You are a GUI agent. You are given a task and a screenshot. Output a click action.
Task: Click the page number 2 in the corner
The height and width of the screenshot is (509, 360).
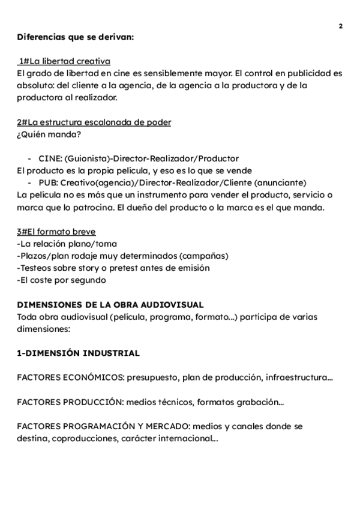point(340,26)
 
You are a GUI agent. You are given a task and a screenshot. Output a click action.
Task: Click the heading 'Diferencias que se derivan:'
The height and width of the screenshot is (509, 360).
point(75,37)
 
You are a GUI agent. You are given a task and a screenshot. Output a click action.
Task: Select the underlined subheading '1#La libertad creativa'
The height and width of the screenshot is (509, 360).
point(64,62)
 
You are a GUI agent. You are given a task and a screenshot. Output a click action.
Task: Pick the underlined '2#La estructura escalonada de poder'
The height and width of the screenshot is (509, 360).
point(94,122)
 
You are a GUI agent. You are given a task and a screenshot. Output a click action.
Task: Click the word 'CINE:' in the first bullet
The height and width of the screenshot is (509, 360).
point(49,158)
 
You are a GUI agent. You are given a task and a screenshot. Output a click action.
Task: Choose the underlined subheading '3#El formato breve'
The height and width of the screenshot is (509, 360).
point(56,232)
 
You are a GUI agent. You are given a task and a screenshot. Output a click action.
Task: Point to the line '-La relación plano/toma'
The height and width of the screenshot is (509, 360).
point(67,244)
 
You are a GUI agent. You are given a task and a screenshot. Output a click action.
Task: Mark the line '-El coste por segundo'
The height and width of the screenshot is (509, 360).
point(62,280)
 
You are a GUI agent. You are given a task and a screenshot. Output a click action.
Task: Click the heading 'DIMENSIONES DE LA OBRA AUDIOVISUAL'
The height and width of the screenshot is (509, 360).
point(110,304)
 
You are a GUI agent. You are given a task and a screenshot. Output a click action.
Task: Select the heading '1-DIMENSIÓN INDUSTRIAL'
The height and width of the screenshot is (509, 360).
point(79,353)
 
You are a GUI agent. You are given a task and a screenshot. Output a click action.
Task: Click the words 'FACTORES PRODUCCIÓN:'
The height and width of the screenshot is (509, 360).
point(67,402)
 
